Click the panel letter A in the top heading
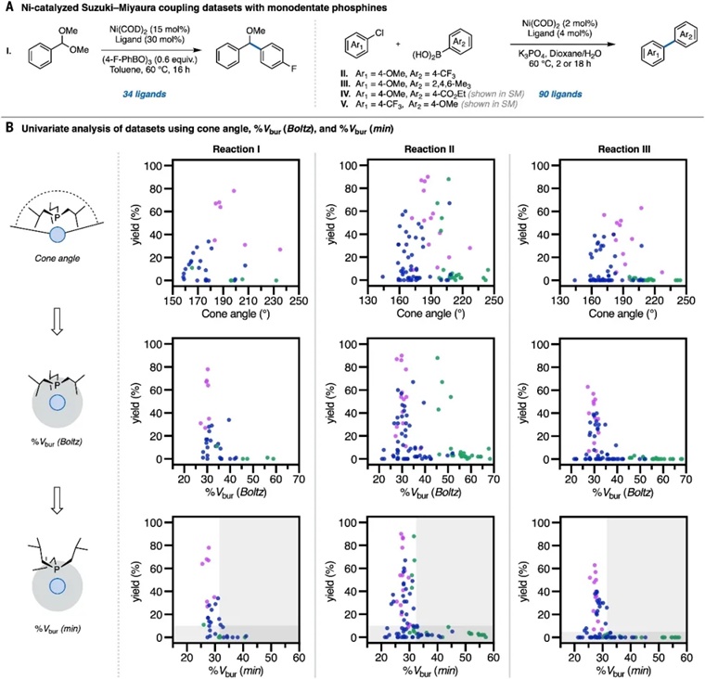8,9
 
